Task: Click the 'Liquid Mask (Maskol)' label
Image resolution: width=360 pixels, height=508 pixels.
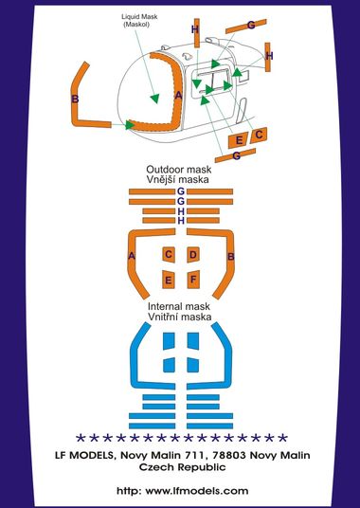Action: point(135,20)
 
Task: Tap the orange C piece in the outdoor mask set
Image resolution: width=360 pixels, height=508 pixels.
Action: point(169,255)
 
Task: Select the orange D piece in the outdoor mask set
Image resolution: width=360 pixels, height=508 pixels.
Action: point(193,255)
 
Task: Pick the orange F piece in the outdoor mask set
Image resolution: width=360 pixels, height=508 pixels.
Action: point(193,279)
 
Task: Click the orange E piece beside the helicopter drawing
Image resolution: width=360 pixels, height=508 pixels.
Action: point(238,140)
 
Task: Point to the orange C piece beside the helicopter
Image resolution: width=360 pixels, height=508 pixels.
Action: point(259,136)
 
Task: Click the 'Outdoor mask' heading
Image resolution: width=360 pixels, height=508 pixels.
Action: point(179,169)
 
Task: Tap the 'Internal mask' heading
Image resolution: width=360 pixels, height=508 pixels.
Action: point(179,306)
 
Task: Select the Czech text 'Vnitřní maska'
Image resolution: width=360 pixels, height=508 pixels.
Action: point(180,317)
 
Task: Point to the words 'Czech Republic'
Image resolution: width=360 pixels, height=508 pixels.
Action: point(182,467)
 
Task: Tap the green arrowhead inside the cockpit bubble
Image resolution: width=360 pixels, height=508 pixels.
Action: point(155,99)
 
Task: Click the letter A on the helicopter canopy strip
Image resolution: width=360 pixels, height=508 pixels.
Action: point(178,95)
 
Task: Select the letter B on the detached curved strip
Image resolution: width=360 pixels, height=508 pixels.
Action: point(75,99)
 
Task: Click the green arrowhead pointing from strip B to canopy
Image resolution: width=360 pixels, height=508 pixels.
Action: point(130,125)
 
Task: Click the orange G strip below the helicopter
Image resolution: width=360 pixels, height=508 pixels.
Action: point(235,155)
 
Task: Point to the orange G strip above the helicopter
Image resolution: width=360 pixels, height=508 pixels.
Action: point(246,27)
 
